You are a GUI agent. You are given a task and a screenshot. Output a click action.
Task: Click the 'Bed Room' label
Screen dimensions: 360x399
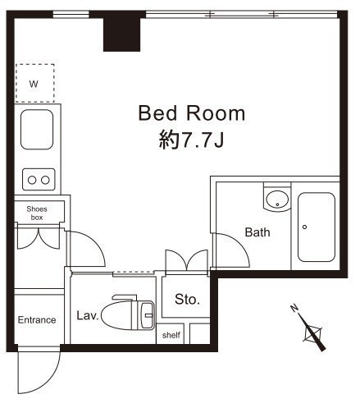pyautogui.click(x=191, y=113)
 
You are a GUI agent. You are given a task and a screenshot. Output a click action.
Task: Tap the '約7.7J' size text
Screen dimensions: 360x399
pyautogui.click(x=191, y=140)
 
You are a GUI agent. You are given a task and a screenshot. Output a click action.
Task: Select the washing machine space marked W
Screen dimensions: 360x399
pyautogui.click(x=34, y=83)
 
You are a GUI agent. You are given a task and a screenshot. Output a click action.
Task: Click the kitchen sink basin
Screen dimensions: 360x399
pyautogui.click(x=37, y=130)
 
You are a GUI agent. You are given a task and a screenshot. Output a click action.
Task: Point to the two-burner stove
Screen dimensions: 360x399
pyautogui.click(x=39, y=180)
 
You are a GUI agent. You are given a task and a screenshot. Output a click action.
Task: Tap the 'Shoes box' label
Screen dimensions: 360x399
pyautogui.click(x=37, y=213)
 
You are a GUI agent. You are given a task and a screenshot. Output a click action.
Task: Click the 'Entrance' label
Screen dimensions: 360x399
pyautogui.click(x=37, y=320)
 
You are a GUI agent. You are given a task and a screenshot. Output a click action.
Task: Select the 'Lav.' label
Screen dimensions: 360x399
pyautogui.click(x=88, y=316)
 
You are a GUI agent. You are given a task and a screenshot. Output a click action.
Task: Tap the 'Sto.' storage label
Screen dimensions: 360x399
pyautogui.click(x=187, y=300)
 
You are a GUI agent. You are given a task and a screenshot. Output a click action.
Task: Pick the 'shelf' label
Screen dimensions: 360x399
pyautogui.click(x=171, y=335)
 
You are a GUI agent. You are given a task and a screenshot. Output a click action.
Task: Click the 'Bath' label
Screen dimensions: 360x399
pyautogui.click(x=257, y=232)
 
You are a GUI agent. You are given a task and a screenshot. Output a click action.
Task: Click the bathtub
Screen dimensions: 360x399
pyautogui.click(x=317, y=227)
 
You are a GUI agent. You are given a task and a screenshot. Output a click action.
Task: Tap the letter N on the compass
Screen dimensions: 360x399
pyautogui.click(x=294, y=308)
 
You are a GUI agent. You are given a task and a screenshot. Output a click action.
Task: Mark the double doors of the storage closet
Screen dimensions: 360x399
pyautogui.click(x=187, y=261)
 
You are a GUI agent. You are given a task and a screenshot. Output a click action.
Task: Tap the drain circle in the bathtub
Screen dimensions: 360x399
pyautogui.click(x=304, y=227)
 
